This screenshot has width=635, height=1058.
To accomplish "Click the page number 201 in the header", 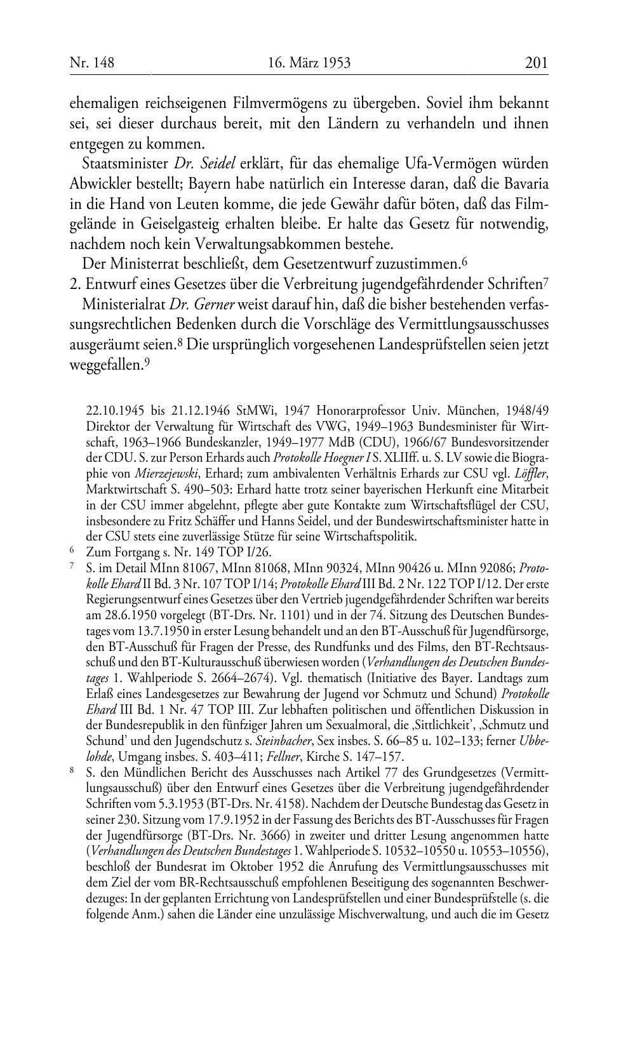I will [x=536, y=63].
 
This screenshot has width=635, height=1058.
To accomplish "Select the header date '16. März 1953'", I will [x=309, y=63].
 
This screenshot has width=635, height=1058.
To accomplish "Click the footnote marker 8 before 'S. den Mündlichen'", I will [x=72, y=772].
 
